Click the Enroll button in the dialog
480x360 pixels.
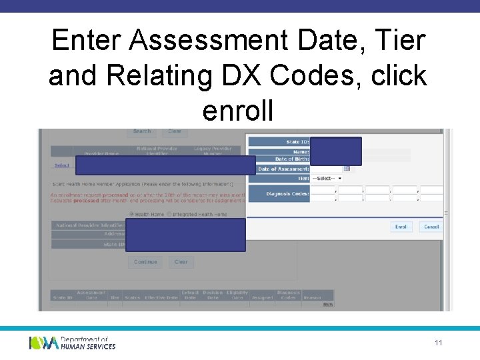pos(401,227)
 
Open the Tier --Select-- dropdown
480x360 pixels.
pos(327,179)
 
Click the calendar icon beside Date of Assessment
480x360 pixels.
pos(347,169)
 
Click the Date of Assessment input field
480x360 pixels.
pos(327,169)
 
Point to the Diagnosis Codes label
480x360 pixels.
pos(287,194)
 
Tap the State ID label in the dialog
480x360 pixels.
pos(297,141)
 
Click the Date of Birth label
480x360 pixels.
pos(292,159)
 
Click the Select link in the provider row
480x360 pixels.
pos(61,165)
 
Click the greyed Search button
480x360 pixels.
pos(142,131)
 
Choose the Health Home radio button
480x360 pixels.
pos(131,214)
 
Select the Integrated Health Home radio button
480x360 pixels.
pos(169,214)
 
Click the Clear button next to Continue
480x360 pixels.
pos(181,262)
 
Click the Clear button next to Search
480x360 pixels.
pos(175,131)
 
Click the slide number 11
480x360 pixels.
pos(439,343)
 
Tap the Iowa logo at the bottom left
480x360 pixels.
pos(43,343)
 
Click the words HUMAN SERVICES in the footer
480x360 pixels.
pos(88,346)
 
